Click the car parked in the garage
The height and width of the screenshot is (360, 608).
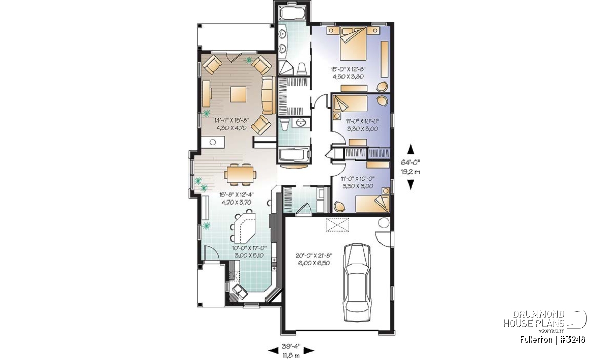point(357,282)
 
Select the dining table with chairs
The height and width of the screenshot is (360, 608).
point(241,175)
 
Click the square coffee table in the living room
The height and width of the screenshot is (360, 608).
point(238,94)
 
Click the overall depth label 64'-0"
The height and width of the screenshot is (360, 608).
point(410,162)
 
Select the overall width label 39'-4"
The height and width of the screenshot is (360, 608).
point(291,346)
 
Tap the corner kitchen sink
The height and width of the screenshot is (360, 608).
point(239,292)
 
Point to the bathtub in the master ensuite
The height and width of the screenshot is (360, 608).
point(293,13)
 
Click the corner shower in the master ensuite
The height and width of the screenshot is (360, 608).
point(286,68)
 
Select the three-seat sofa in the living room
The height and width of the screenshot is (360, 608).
point(269,96)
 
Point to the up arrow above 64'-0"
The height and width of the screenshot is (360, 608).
point(411,149)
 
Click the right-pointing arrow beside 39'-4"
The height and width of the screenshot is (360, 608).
point(309,351)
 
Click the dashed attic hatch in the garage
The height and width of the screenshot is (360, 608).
point(337,225)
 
